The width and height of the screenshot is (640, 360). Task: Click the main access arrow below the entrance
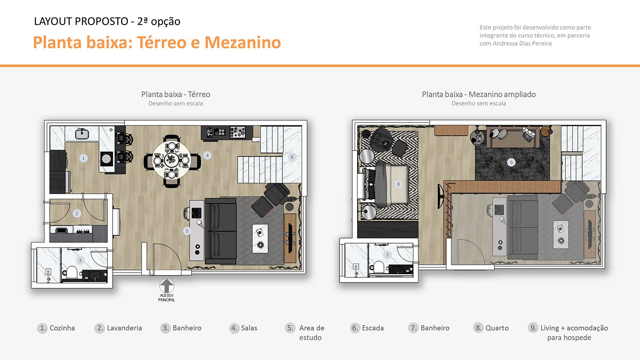(x=166, y=285)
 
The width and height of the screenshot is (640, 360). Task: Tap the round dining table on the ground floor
(x=172, y=160)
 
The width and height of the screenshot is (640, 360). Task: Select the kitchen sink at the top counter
(x=82, y=134)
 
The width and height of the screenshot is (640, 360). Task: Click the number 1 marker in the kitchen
(x=83, y=158)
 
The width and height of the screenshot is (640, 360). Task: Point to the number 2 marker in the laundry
(x=77, y=213)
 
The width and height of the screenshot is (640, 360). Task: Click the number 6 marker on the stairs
(x=292, y=157)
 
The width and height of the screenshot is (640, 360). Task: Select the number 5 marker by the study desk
(x=186, y=231)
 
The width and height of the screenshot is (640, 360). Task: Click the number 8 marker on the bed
(x=398, y=184)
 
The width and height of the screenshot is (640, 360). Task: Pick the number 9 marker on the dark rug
(x=511, y=162)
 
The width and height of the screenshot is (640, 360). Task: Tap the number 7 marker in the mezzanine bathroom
(x=387, y=255)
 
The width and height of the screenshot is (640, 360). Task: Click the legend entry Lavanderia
(x=124, y=328)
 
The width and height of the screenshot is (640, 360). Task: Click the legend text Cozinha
(x=62, y=328)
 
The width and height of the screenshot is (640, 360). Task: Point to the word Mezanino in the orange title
(x=242, y=43)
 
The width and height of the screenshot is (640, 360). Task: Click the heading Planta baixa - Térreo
(x=176, y=94)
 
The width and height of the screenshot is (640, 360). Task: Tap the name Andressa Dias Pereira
(x=522, y=44)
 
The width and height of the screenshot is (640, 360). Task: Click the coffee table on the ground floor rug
(x=260, y=238)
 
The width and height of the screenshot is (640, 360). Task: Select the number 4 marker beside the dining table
(x=207, y=155)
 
